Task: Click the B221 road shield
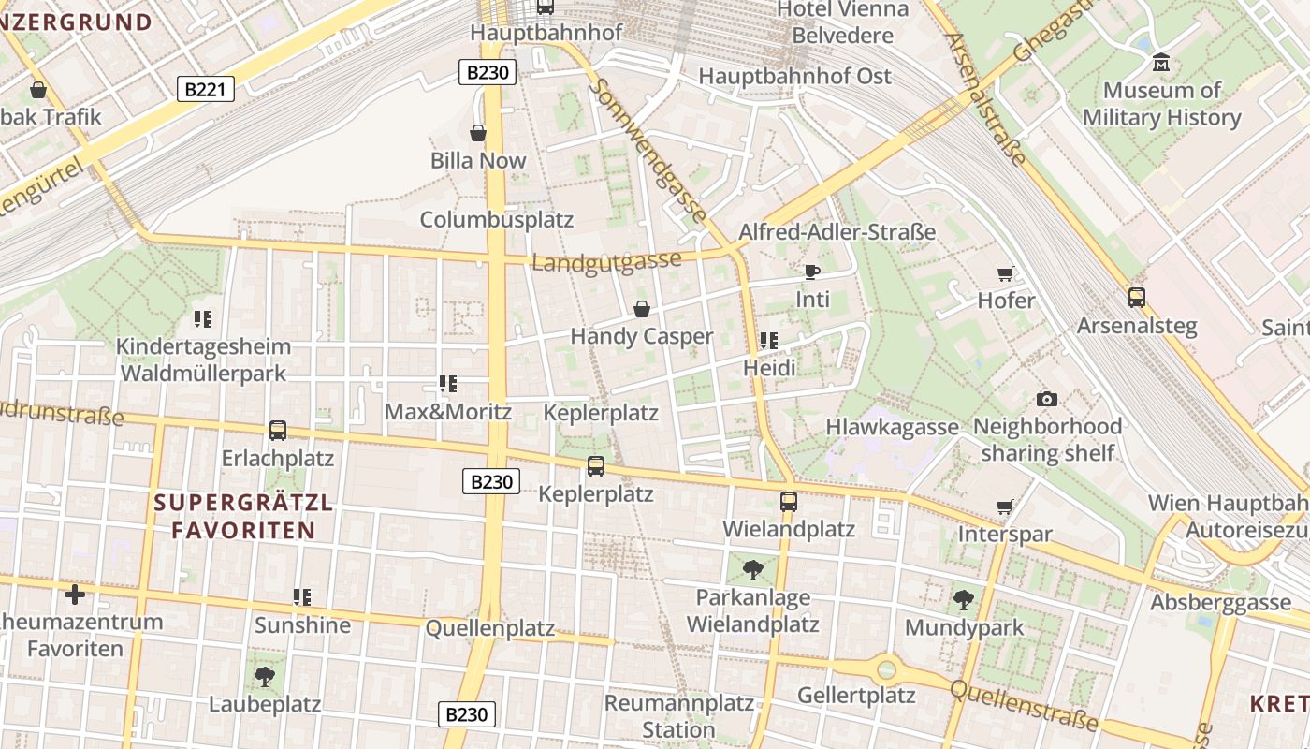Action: click(x=205, y=90)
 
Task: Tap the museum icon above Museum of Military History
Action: click(x=1161, y=63)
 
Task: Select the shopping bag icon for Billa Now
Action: click(x=478, y=133)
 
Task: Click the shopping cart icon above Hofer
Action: click(x=1006, y=273)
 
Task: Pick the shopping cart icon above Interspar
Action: click(x=1005, y=507)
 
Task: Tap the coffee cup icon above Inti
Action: click(x=812, y=272)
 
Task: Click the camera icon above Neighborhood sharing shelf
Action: click(x=1047, y=399)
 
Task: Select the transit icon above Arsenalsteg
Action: click(x=1137, y=298)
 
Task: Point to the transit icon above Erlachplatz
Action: click(x=278, y=431)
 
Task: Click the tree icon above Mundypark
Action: click(x=964, y=600)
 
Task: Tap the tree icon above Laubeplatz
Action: click(x=265, y=676)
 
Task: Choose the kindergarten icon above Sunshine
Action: click(x=302, y=596)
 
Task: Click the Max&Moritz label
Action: click(x=448, y=412)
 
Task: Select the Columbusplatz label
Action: click(x=496, y=220)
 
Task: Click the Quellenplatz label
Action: click(x=490, y=628)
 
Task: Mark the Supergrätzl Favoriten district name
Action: click(x=243, y=516)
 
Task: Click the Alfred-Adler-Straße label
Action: click(x=837, y=232)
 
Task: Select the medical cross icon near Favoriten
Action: click(x=75, y=595)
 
